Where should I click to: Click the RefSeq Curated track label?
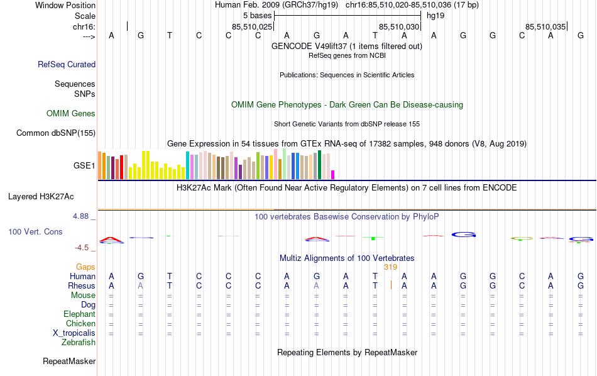coord(67,64)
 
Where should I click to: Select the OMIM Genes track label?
coord(71,114)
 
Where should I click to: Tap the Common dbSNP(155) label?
coord(56,133)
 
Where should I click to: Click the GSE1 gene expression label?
coord(84,166)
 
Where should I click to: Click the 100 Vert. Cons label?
coord(35,232)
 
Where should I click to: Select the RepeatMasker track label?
coord(69,362)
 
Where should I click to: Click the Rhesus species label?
coord(81,286)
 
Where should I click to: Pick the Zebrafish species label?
coord(79,343)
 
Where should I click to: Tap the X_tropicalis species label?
coord(74,333)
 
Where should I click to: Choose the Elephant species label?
coord(79,314)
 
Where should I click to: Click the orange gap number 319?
coord(391,267)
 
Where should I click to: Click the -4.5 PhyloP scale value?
coord(84,248)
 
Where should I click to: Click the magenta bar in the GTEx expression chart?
coord(333,175)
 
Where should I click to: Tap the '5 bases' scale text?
coord(257,15)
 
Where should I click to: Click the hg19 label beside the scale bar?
coord(435,15)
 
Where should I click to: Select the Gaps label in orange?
coord(85,267)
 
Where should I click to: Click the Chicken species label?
coord(80,324)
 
